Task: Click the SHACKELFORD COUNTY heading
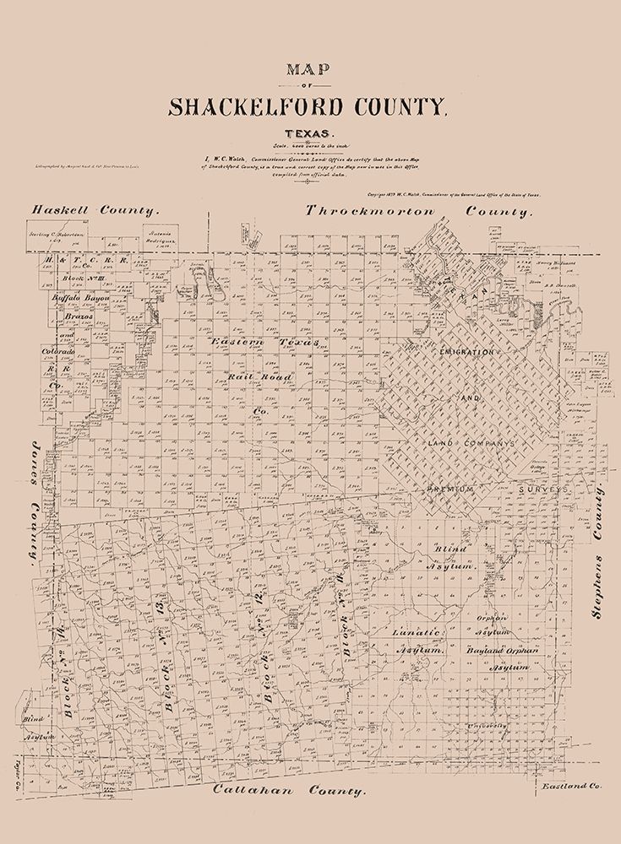click(x=306, y=106)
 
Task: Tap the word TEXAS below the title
click(x=308, y=133)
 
